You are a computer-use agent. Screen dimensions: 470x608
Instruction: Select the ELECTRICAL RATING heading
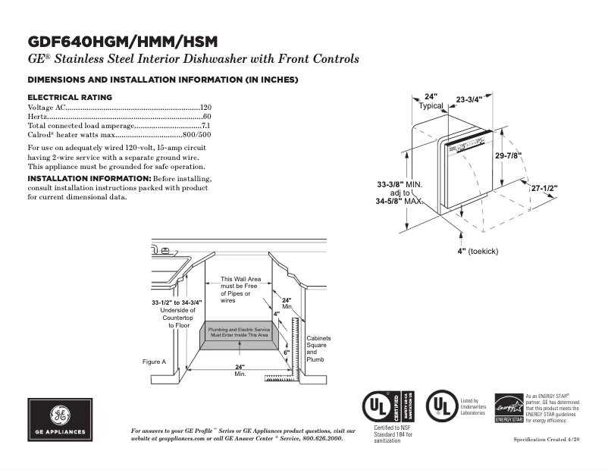tap(70, 97)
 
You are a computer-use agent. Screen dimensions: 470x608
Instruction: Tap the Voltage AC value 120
tap(205, 108)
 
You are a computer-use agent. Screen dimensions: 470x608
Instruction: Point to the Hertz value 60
tap(206, 117)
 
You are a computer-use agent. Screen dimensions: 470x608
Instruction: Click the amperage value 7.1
tap(205, 125)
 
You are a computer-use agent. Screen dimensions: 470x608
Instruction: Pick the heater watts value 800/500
tap(196, 134)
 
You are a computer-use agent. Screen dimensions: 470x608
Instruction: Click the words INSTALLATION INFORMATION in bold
tap(89, 178)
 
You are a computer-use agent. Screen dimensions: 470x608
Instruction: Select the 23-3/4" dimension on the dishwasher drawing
tap(475, 99)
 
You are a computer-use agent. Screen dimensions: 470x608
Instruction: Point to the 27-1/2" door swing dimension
tap(544, 187)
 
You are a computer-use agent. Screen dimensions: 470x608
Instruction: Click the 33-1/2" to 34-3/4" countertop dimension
tap(177, 302)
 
